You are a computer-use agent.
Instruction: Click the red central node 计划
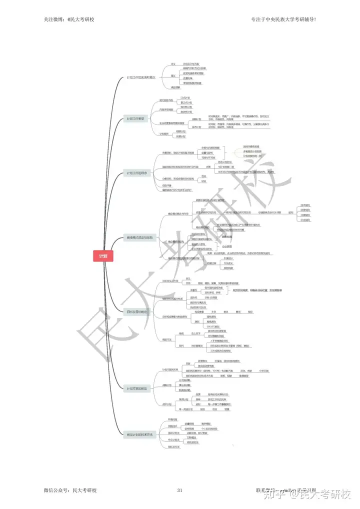point(103,256)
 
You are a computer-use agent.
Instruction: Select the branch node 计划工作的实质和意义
point(141,78)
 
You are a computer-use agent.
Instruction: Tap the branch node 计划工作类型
point(135,118)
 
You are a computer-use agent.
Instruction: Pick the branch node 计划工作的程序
point(137,173)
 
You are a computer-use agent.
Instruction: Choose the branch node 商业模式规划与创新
point(139,238)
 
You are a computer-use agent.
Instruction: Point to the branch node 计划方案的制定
point(137,388)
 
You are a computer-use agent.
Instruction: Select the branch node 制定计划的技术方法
point(140,434)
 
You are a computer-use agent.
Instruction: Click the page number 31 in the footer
point(179,490)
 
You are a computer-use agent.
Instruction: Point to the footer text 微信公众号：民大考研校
point(70,490)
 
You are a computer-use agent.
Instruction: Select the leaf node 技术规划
point(304,205)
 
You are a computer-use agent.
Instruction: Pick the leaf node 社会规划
point(304,220)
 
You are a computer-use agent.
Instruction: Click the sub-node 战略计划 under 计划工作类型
point(196,119)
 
